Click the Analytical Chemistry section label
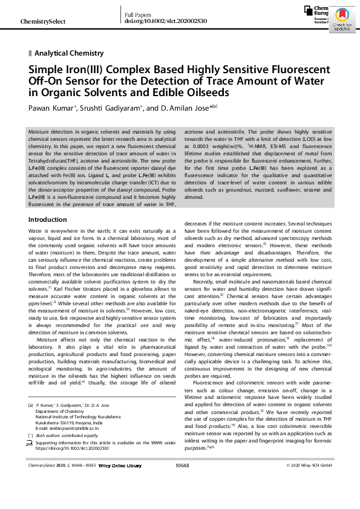click(69, 53)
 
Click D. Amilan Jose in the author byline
click(174, 109)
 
